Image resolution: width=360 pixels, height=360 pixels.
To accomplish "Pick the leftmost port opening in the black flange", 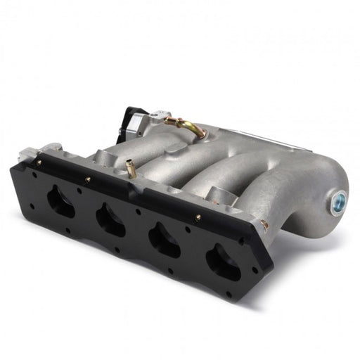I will click(61, 203).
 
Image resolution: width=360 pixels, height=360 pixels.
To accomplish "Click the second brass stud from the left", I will click(89, 180).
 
